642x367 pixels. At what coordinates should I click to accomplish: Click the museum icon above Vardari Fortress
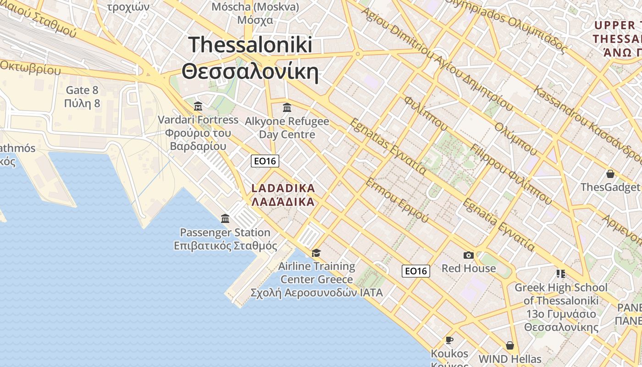pyautogui.click(x=198, y=106)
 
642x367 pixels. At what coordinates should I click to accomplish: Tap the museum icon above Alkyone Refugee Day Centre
pyautogui.click(x=287, y=108)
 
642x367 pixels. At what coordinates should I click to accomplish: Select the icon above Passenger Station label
pyautogui.click(x=225, y=219)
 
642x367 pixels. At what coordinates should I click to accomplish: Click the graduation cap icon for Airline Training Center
pyautogui.click(x=316, y=253)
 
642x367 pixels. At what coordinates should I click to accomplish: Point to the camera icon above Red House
pyautogui.click(x=468, y=255)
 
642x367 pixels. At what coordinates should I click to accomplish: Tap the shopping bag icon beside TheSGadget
pyautogui.click(x=610, y=174)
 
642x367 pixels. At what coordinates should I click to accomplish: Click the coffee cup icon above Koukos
pyautogui.click(x=449, y=340)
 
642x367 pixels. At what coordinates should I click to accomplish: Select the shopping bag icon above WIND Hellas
pyautogui.click(x=509, y=345)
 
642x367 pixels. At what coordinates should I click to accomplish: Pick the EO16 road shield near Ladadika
pyautogui.click(x=265, y=161)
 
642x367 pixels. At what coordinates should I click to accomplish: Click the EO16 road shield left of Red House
pyautogui.click(x=416, y=271)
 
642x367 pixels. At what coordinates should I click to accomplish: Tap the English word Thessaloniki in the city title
pyautogui.click(x=250, y=45)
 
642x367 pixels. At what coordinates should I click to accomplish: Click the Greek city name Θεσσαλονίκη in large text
pyautogui.click(x=250, y=72)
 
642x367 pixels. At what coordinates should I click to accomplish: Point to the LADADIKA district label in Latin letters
pyautogui.click(x=283, y=188)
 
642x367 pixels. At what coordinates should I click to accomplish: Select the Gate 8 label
pyautogui.click(x=82, y=90)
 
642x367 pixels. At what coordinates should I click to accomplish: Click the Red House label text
pyautogui.click(x=469, y=268)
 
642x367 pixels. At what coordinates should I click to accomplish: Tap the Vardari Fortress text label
pyautogui.click(x=198, y=120)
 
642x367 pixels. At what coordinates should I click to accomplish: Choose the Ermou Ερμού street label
pyautogui.click(x=397, y=200)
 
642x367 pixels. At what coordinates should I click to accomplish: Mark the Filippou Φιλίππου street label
pyautogui.click(x=510, y=173)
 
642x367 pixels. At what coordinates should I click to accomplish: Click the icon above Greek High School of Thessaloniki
pyautogui.click(x=560, y=274)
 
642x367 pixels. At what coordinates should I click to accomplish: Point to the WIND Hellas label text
pyautogui.click(x=509, y=359)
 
